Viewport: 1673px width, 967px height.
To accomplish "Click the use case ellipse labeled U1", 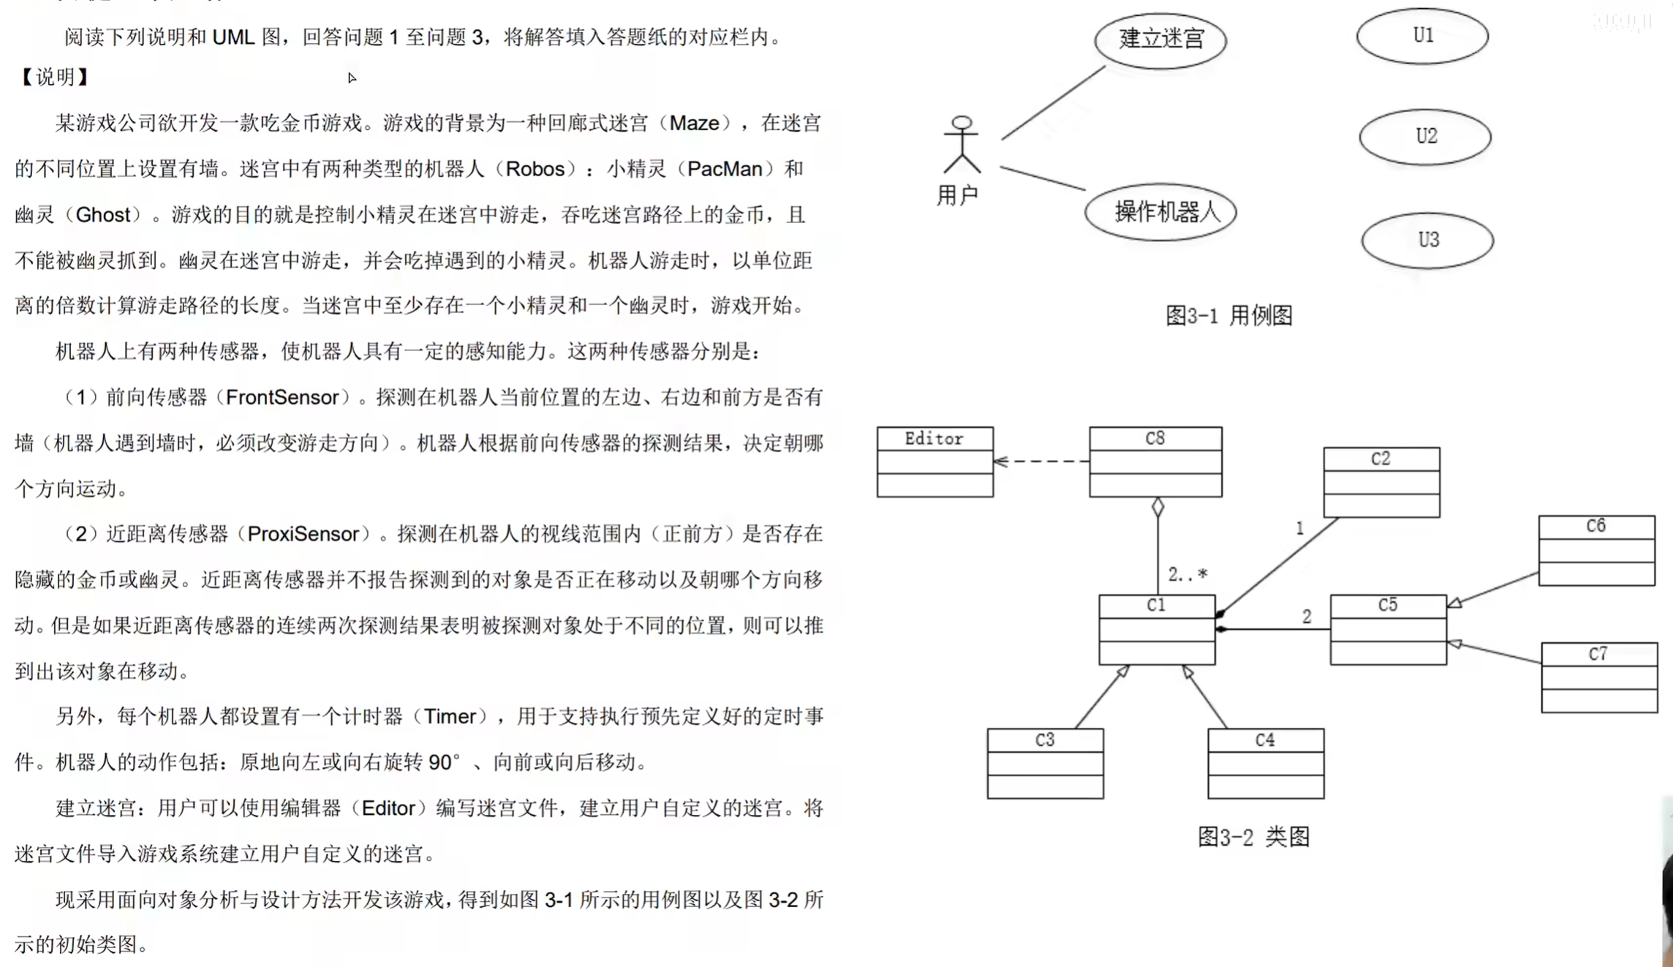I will [1422, 36].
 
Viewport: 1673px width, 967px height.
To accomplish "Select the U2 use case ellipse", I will [1425, 137].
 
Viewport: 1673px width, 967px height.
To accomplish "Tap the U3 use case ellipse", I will [1427, 241].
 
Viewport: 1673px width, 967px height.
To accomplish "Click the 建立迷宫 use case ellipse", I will [1160, 39].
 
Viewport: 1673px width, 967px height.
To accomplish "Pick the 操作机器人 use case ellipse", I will [1160, 212].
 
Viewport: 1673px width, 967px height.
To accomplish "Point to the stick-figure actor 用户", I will [962, 145].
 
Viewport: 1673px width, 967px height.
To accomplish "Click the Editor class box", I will [934, 462].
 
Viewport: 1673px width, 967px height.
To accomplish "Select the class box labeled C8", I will [1155, 462].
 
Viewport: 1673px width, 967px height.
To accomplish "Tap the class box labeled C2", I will [1381, 482].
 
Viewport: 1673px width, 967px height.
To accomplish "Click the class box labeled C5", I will [1388, 629].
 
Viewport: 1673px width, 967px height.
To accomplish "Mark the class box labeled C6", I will [1596, 550].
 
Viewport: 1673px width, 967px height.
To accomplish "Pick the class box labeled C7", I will [1599, 677].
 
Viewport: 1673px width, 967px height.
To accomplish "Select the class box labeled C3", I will [1045, 763].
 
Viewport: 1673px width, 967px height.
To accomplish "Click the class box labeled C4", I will [1266, 763].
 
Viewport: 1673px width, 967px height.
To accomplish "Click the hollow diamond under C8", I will [1157, 507].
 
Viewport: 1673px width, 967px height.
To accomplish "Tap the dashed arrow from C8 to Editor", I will [1041, 462].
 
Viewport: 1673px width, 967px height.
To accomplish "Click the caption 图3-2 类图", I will [1253, 837].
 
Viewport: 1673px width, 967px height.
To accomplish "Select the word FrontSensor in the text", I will [282, 397].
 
